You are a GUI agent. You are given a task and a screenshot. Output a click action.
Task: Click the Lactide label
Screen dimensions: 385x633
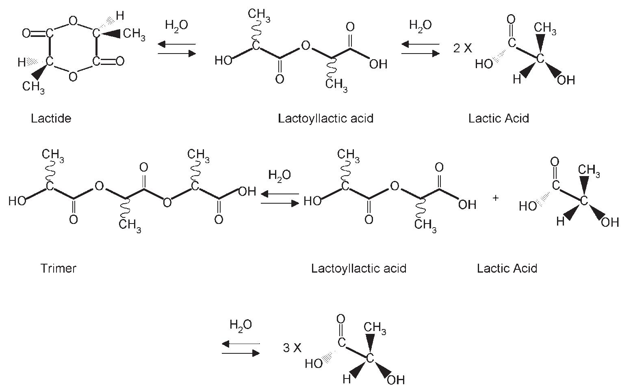click(51, 118)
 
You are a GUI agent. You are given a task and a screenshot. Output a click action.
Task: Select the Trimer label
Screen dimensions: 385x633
click(58, 268)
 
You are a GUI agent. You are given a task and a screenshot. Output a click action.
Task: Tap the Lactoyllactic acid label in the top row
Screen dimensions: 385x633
click(325, 118)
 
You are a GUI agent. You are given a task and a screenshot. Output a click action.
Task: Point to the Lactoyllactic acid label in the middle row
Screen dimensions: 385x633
click(358, 268)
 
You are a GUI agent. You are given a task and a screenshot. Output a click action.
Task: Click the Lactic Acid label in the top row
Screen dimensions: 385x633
click(499, 118)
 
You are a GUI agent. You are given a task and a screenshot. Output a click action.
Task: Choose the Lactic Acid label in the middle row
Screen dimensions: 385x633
click(507, 268)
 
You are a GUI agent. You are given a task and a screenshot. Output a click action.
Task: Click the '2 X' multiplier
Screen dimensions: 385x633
click(463, 48)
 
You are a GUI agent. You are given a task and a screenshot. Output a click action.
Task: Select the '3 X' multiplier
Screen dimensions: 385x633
click(292, 348)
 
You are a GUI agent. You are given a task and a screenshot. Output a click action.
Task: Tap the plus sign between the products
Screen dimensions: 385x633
click(495, 198)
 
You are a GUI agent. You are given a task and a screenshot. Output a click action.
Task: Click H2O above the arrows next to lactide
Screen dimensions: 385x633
click(176, 26)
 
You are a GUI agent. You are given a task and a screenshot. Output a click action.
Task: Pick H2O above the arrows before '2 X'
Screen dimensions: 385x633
click(421, 26)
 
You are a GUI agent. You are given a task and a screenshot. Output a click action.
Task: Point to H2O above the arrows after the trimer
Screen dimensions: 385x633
click(280, 176)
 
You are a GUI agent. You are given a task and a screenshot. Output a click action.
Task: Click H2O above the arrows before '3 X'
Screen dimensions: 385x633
click(241, 325)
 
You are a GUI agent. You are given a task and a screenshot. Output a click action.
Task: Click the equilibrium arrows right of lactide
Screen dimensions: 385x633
click(177, 49)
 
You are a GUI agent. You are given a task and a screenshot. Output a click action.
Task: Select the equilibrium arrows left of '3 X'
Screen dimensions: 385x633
click(241, 348)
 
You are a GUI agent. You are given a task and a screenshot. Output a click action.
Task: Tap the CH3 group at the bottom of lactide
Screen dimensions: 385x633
click(33, 87)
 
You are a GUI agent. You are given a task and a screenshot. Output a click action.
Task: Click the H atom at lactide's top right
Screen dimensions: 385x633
click(119, 16)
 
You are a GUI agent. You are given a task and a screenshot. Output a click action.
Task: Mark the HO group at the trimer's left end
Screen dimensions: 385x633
click(17, 201)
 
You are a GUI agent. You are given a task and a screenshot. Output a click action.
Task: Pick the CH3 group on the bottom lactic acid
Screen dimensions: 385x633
click(375, 328)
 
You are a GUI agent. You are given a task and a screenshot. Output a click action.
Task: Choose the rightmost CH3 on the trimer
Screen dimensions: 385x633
click(198, 155)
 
